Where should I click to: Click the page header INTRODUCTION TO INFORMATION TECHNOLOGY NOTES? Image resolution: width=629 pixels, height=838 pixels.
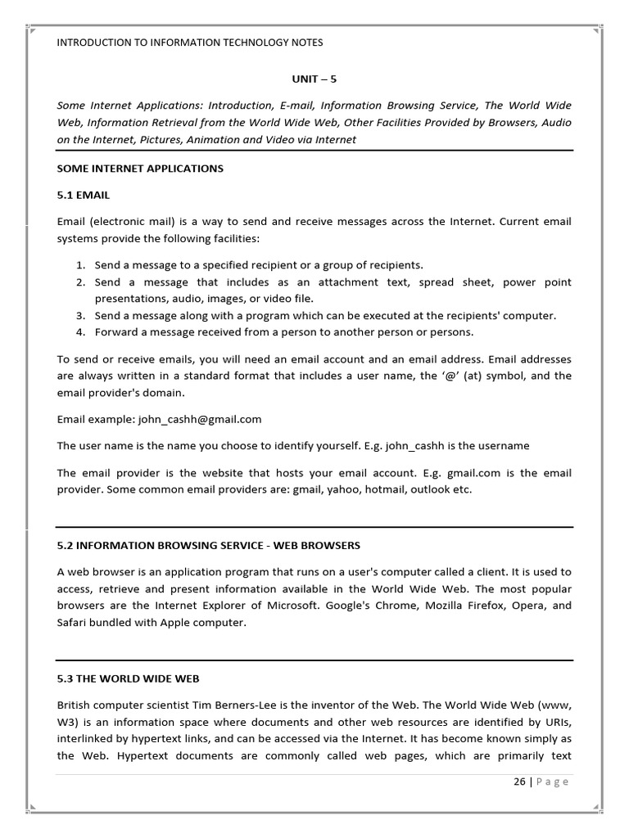(190, 43)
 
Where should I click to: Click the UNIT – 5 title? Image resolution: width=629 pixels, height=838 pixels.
(314, 79)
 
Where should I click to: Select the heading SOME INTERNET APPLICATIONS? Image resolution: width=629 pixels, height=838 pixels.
(140, 169)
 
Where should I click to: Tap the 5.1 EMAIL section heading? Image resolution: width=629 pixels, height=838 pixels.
(84, 196)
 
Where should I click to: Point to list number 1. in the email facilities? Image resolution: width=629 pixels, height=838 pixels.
(81, 265)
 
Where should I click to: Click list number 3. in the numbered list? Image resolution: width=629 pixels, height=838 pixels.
(81, 315)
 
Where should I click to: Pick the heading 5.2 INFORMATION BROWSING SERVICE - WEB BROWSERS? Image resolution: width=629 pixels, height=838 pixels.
(209, 545)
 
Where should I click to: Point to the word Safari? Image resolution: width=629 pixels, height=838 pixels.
(73, 622)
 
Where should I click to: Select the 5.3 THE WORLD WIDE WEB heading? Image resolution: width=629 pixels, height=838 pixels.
(129, 678)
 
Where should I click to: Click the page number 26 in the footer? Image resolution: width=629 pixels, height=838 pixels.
(519, 782)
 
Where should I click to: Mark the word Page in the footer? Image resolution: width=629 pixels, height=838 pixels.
(553, 782)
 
